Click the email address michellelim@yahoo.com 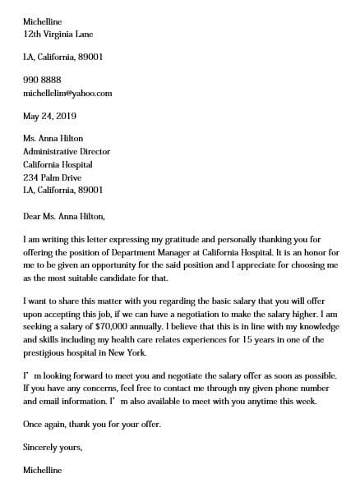(x=68, y=94)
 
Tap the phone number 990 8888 (x=42, y=80)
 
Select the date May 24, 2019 (x=48, y=117)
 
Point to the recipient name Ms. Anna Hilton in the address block (x=53, y=139)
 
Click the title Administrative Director (x=67, y=152)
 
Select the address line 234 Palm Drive (x=53, y=177)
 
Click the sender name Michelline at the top (x=43, y=22)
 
